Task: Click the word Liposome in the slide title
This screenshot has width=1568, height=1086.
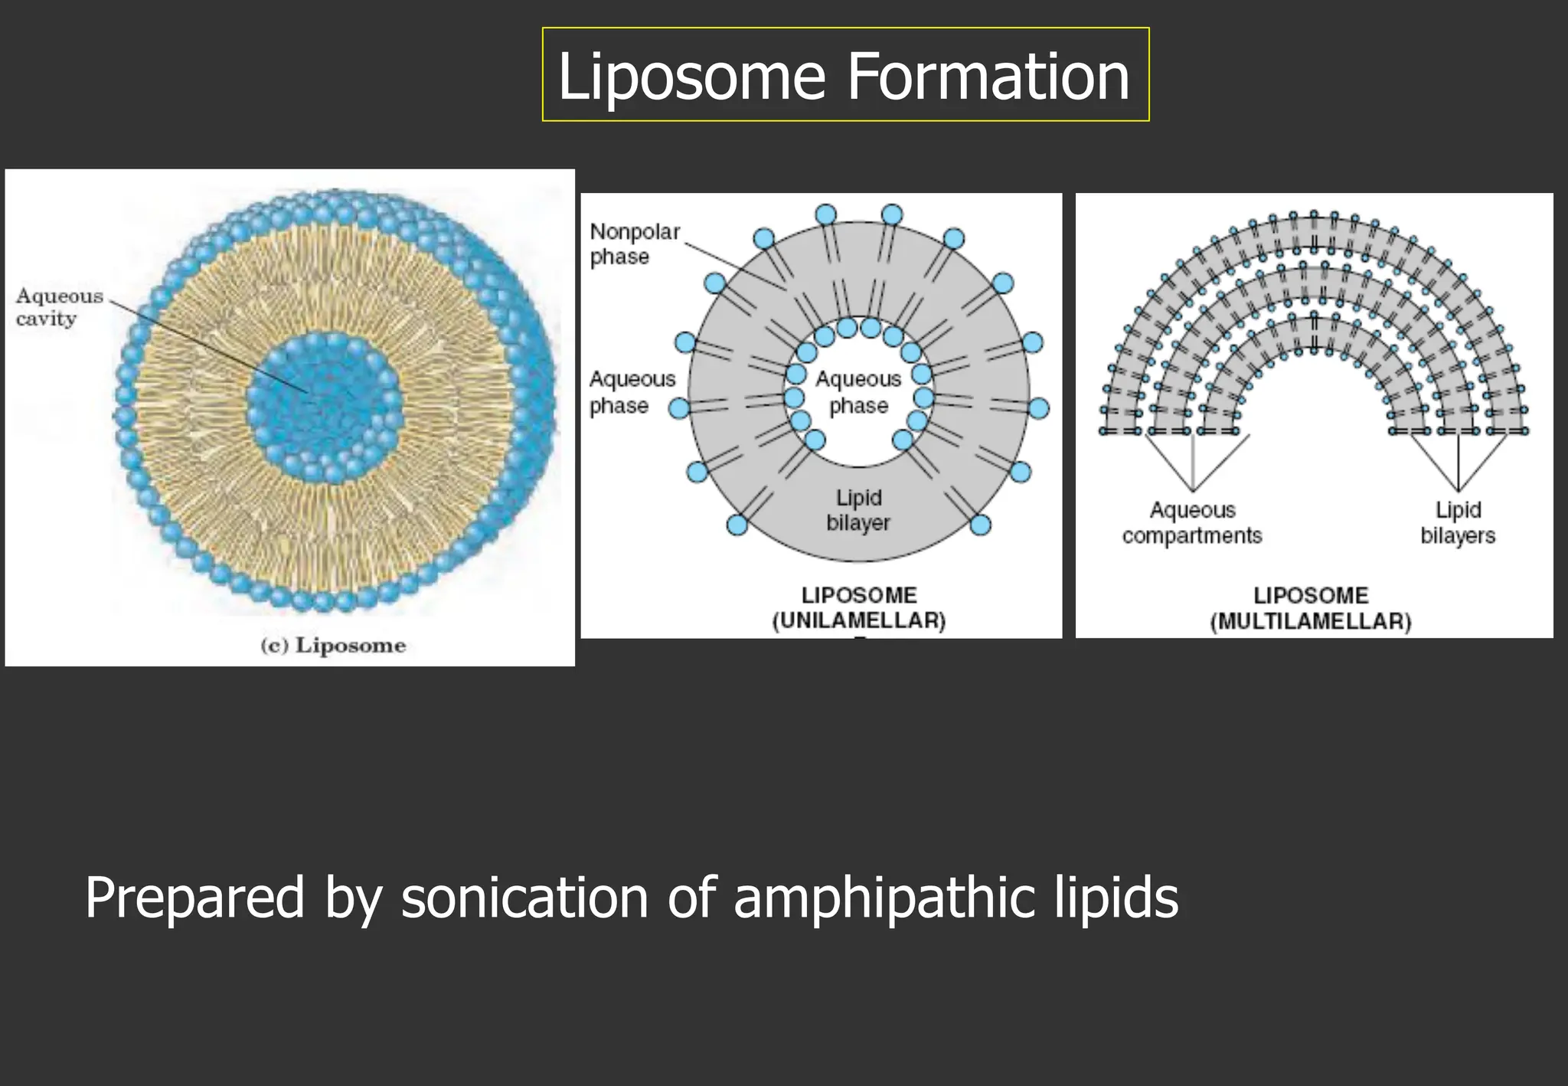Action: [x=692, y=77]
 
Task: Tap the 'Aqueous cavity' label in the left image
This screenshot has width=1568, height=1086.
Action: [x=59, y=306]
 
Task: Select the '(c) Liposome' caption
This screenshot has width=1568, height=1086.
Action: [x=333, y=645]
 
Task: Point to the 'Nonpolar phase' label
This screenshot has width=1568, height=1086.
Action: [x=635, y=244]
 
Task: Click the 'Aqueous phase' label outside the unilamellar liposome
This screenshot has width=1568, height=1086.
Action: [x=632, y=391]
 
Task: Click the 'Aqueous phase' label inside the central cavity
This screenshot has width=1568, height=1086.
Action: [x=858, y=391]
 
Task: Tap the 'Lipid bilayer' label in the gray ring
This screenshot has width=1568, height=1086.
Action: [x=858, y=510]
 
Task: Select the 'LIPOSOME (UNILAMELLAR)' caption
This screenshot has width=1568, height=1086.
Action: [x=859, y=607]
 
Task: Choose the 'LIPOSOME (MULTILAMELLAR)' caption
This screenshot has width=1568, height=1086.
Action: [x=1311, y=608]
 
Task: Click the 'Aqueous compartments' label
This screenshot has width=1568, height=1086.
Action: [x=1192, y=522]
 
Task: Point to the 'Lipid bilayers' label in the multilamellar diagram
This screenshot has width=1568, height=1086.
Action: [x=1458, y=522]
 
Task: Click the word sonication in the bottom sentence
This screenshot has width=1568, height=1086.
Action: [x=524, y=898]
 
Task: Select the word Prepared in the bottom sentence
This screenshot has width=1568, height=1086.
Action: [x=194, y=898]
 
